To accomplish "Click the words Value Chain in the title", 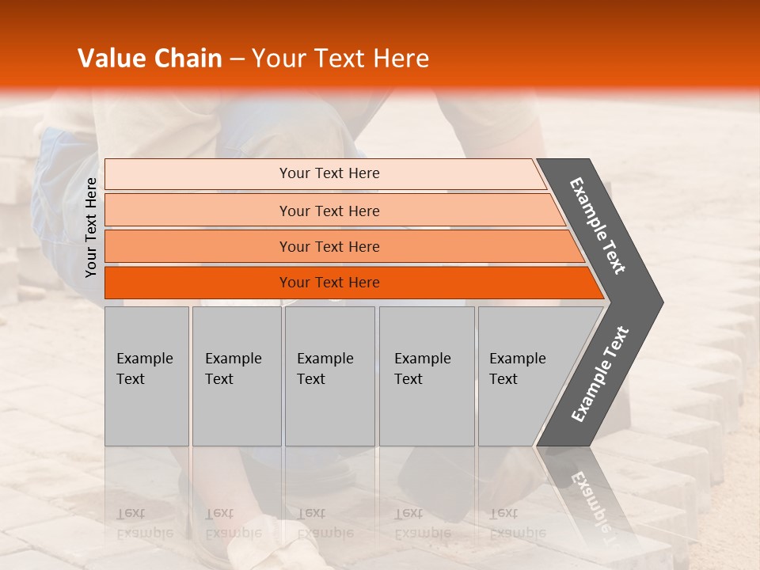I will point(150,59).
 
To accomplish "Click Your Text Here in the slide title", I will point(340,59).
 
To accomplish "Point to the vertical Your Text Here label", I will point(91,228).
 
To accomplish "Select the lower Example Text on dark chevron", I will point(599,374).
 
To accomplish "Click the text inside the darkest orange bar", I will point(329,283).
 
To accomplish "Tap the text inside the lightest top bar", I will point(329,173).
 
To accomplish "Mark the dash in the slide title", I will point(237,59).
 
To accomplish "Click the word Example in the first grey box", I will point(144,359).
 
